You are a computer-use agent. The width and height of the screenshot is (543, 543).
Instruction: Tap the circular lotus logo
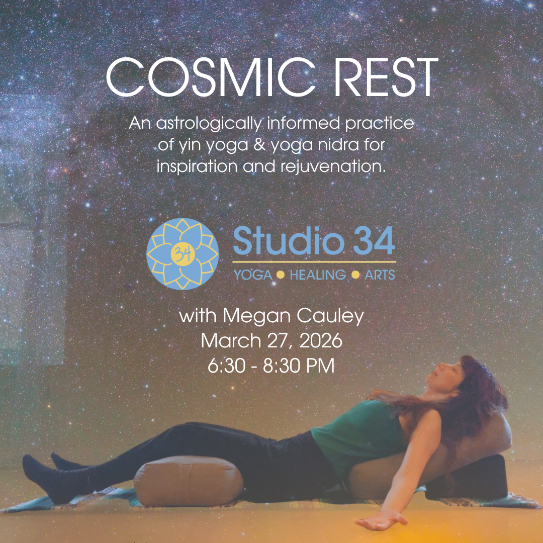(183, 254)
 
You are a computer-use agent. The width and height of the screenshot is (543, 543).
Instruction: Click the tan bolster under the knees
(189, 480)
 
